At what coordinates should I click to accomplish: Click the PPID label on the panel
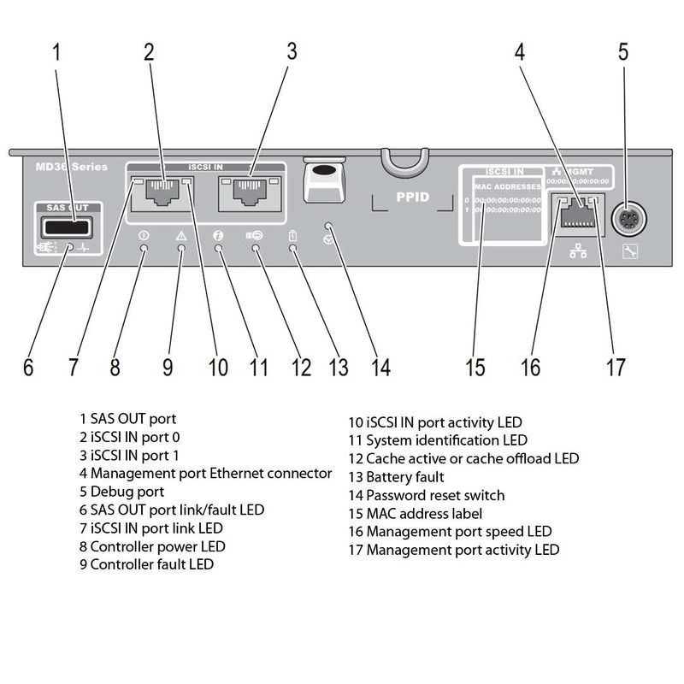point(413,197)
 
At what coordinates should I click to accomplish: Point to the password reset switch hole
point(330,227)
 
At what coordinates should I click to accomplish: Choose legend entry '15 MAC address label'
point(416,513)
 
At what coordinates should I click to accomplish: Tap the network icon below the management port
point(576,252)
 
